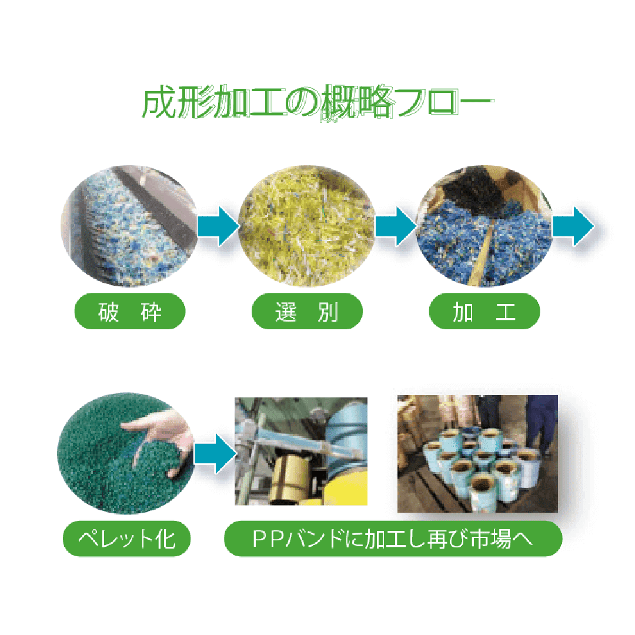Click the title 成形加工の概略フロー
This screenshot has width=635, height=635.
316,105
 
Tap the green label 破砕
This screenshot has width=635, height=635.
130,311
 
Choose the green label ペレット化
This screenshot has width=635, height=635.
127,539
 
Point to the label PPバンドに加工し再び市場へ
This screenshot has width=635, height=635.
393,539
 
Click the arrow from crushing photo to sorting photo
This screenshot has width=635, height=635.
218,226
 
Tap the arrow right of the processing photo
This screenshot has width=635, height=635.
574,226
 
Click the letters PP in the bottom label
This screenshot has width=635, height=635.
266,539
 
